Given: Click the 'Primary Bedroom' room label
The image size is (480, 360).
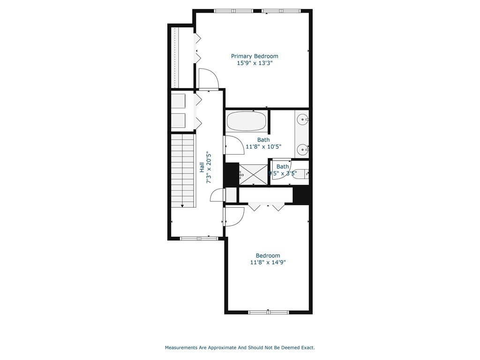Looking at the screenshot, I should (255, 56).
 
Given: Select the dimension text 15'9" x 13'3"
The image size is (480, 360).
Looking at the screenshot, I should (255, 62).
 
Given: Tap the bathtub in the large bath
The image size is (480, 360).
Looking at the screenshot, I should (247, 121).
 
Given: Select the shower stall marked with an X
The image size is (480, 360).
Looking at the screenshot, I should (254, 173).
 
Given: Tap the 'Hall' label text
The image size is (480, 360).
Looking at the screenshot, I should (202, 167).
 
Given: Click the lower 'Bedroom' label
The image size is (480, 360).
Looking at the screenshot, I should (268, 255).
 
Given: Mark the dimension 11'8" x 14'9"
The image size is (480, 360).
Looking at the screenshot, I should (268, 262).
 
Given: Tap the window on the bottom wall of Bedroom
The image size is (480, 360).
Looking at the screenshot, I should (268, 312).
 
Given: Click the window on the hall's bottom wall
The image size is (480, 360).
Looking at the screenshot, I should (199, 239).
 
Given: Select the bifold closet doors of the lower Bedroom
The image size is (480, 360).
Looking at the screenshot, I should (266, 206).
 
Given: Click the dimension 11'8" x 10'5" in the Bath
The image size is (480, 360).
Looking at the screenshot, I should (263, 146).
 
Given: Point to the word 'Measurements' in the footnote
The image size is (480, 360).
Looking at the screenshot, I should (180, 348).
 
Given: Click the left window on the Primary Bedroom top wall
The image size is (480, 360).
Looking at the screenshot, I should (233, 11).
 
